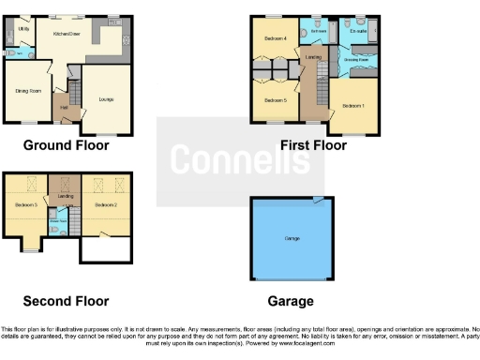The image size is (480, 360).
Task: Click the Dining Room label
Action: click(x=28, y=91)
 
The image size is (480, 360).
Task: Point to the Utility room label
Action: click(x=24, y=29)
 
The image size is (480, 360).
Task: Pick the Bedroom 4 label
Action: click(x=274, y=38)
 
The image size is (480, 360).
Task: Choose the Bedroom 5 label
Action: click(x=274, y=99)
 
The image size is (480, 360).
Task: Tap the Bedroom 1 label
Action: click(x=352, y=106)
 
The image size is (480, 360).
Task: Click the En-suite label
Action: click(x=357, y=32)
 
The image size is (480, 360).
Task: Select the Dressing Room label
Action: click(x=356, y=60)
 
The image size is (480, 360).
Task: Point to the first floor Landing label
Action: click(x=312, y=57)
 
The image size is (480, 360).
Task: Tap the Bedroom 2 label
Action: click(x=104, y=204)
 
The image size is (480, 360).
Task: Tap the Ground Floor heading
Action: click(x=66, y=145)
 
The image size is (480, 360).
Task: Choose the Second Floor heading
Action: click(x=66, y=301)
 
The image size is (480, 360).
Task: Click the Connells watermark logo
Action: click(x=239, y=161)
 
